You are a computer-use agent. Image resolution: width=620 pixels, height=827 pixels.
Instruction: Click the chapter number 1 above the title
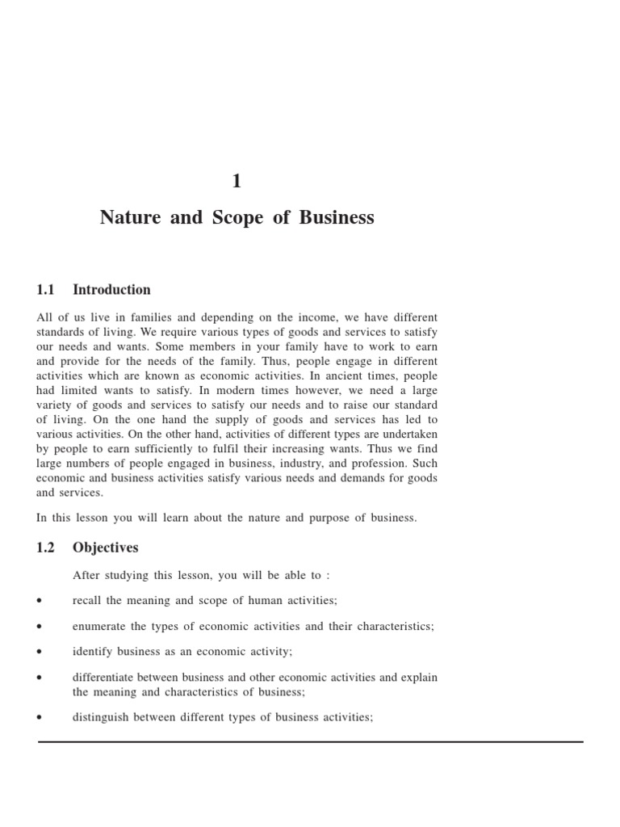pyautogui.click(x=237, y=182)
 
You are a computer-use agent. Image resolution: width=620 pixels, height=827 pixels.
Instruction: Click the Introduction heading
pyautogui.click(x=111, y=290)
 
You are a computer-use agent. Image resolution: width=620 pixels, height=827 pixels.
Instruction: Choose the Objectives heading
pyautogui.click(x=105, y=548)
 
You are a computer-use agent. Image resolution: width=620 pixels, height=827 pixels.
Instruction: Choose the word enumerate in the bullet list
pyautogui.click(x=98, y=627)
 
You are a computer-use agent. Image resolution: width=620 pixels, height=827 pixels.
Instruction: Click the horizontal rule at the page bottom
pyautogui.click(x=310, y=741)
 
